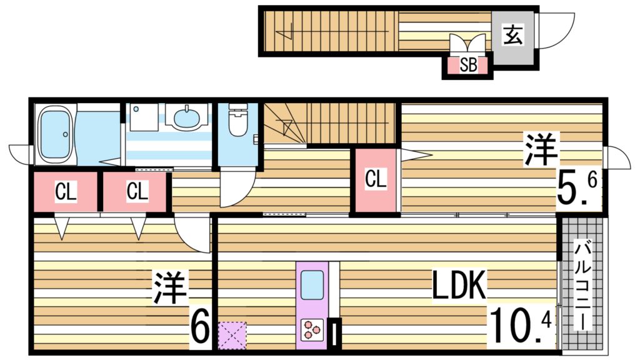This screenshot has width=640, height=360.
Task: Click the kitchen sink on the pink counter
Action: pyautogui.click(x=312, y=286)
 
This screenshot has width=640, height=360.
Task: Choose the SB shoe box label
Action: pyautogui.click(x=467, y=66)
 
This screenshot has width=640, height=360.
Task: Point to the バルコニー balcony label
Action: pyautogui.click(x=582, y=287)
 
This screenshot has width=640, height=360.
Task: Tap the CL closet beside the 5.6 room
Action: pyautogui.click(x=376, y=179)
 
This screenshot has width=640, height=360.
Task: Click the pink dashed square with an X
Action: pyautogui.click(x=232, y=335)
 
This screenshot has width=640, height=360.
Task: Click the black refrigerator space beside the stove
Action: pyautogui.click(x=337, y=332)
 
